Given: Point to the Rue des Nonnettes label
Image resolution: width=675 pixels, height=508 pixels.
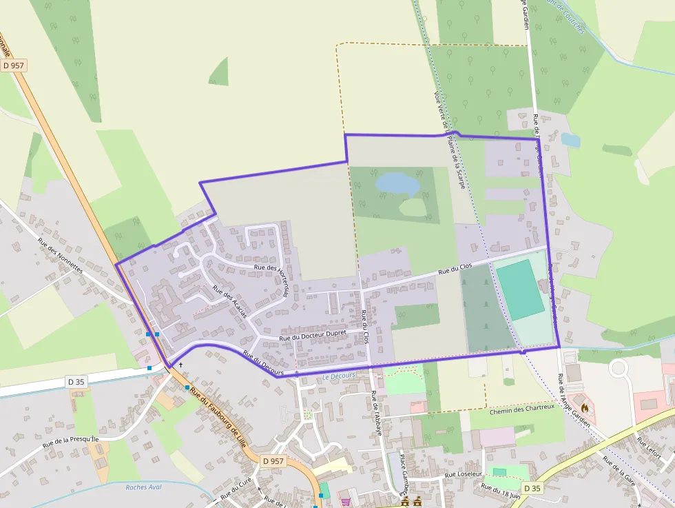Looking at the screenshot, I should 60,255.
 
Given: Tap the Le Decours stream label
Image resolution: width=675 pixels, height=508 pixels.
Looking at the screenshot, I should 338,376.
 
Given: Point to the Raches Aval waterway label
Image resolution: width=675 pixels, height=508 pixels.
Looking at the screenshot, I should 143,487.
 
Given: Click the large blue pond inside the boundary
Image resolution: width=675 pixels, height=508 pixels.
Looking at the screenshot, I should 397,184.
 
